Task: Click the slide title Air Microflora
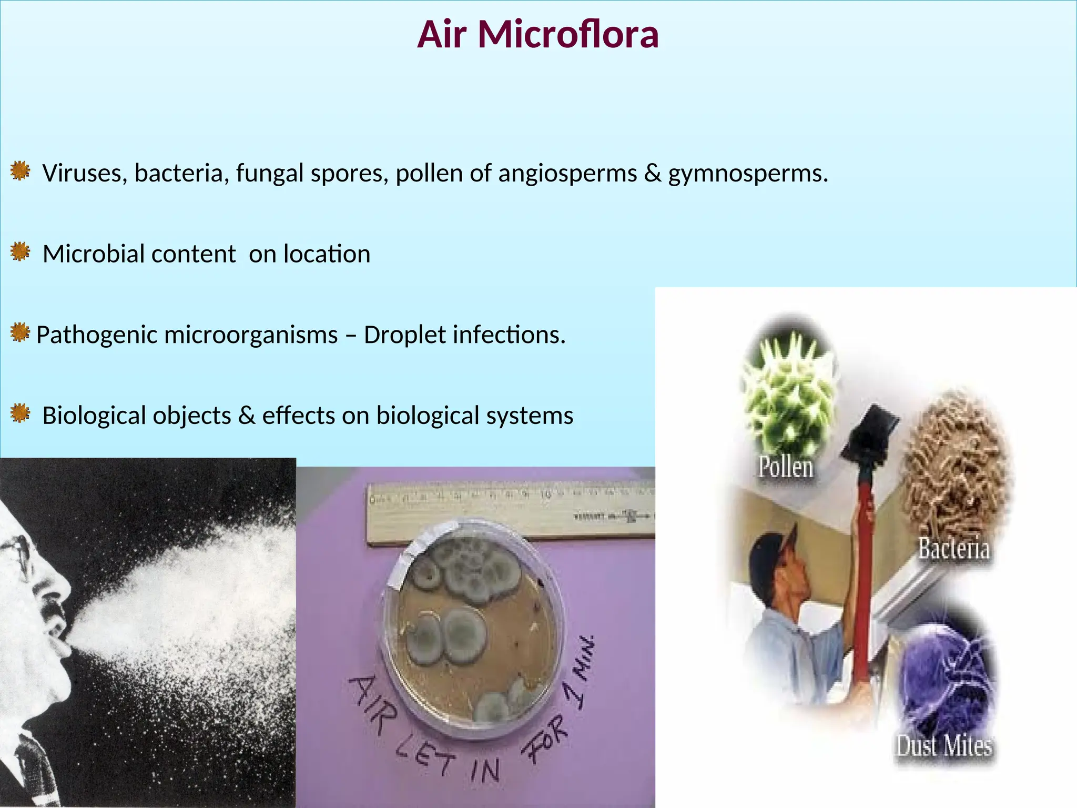pos(537,35)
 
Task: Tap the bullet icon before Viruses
pos(20,171)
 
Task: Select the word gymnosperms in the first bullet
pos(747,174)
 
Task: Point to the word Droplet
pos(403,335)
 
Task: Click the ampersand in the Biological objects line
pos(246,416)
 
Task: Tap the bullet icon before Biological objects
pos(20,414)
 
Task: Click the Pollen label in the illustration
pos(785,467)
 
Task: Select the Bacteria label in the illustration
pos(953,548)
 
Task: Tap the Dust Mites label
pos(944,746)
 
